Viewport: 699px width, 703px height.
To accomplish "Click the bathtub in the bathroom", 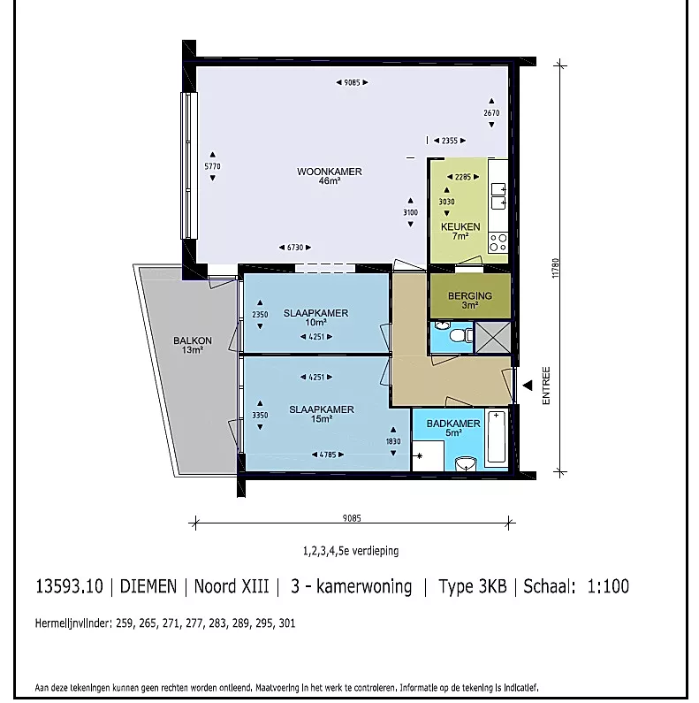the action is pos(496,437).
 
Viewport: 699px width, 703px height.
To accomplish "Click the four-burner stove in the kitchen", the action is pos(498,242).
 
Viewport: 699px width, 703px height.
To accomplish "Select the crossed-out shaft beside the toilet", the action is pos(492,337).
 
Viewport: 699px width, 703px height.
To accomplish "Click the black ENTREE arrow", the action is pos(528,386).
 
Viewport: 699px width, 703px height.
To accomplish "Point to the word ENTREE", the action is pos(546,386).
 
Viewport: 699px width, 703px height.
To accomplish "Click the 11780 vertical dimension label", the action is pos(556,268).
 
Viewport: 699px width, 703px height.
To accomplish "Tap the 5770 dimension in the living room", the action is pos(212,166).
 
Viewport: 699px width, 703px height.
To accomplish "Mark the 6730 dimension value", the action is pos(295,248).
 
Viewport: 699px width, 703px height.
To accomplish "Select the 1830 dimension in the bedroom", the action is pos(393,441).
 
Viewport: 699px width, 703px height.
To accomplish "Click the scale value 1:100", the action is pos(608,586).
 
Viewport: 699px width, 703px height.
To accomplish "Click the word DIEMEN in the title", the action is pos(148,586).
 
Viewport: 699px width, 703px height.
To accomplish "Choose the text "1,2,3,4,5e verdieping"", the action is pos(351,551).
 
